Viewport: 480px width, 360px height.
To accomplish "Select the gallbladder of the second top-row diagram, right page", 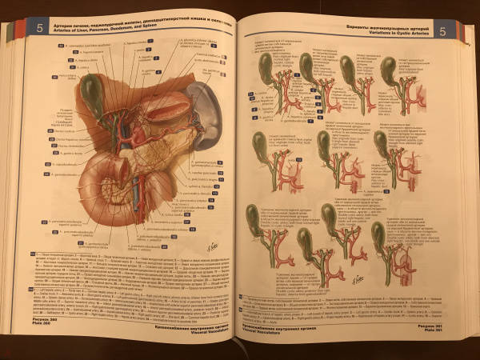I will (x=307, y=66).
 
